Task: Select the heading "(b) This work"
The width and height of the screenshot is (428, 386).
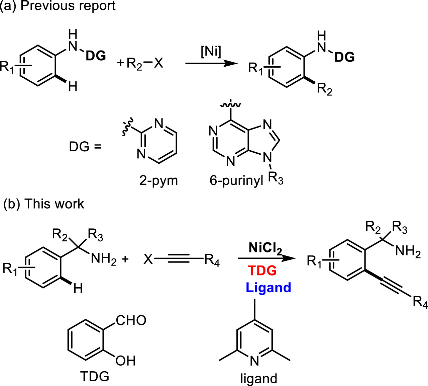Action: tap(43, 204)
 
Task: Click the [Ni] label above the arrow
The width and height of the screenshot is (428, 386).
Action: tap(211, 53)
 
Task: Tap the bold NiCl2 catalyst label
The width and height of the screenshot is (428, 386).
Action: tap(265, 248)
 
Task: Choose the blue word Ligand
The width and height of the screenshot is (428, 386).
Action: tap(268, 288)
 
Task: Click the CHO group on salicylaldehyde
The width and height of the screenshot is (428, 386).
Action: tap(131, 320)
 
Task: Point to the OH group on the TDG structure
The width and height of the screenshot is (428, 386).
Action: tap(125, 361)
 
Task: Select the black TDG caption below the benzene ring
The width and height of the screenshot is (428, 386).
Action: tap(95, 377)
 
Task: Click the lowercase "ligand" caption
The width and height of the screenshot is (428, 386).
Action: tap(259, 378)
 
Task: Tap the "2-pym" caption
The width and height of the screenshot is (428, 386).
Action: tap(158, 181)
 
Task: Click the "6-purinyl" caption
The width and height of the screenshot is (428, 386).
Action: tap(236, 181)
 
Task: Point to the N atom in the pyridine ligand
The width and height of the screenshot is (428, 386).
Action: tap(254, 361)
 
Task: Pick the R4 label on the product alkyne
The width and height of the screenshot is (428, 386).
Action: tap(420, 302)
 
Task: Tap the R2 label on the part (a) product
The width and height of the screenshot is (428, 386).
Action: tap(324, 89)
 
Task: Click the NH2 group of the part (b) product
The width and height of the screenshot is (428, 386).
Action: tap(408, 251)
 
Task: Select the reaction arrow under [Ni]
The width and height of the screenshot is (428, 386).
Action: tap(209, 63)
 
